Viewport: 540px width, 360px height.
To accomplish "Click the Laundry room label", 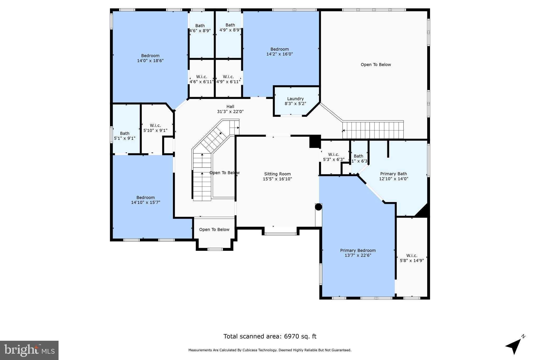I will (x=295, y=99).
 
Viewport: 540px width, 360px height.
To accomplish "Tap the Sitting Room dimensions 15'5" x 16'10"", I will (x=277, y=179).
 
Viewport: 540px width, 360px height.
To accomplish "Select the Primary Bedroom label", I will (x=358, y=251).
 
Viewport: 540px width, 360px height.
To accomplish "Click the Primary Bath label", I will (x=393, y=174).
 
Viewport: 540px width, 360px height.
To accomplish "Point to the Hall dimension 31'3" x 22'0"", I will (x=230, y=112).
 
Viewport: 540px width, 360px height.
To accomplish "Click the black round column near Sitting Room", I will (x=319, y=207).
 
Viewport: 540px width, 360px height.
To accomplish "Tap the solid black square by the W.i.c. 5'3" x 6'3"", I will (x=315, y=142).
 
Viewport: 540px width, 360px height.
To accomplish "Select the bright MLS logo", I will (x=29, y=350).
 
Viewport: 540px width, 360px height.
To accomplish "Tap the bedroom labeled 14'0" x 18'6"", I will (x=150, y=58).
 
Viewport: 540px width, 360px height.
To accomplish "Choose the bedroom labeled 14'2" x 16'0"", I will (x=279, y=51).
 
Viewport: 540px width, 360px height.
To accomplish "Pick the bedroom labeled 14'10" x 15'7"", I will (x=146, y=200).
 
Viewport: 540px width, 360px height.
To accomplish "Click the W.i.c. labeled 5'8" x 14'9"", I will (x=412, y=258).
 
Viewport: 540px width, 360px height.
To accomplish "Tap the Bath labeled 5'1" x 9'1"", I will (x=124, y=136).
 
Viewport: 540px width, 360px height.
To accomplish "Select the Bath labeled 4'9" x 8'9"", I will (x=230, y=27).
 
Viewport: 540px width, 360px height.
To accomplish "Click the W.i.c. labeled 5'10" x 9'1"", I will (x=155, y=128).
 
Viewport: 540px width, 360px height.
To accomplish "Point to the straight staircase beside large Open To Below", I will (x=373, y=130).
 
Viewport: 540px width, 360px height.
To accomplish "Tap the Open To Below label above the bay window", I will (x=214, y=230).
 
